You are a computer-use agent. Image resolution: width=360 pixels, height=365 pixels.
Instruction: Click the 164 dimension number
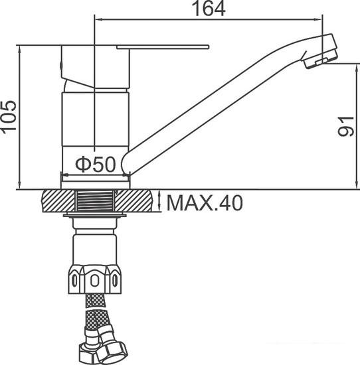click(x=209, y=9)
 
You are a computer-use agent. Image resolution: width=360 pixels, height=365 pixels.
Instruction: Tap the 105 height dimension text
click(x=9, y=117)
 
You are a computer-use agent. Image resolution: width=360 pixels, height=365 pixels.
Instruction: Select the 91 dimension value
click(x=346, y=126)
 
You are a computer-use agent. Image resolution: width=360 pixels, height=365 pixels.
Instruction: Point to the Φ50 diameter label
click(x=95, y=164)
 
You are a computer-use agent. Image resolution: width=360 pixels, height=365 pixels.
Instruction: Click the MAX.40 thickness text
click(x=205, y=203)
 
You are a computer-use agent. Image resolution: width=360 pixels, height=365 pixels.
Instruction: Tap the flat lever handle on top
click(x=163, y=47)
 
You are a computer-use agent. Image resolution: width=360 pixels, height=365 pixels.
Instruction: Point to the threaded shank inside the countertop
click(x=95, y=200)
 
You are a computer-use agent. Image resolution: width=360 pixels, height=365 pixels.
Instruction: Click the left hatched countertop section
click(x=58, y=201)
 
